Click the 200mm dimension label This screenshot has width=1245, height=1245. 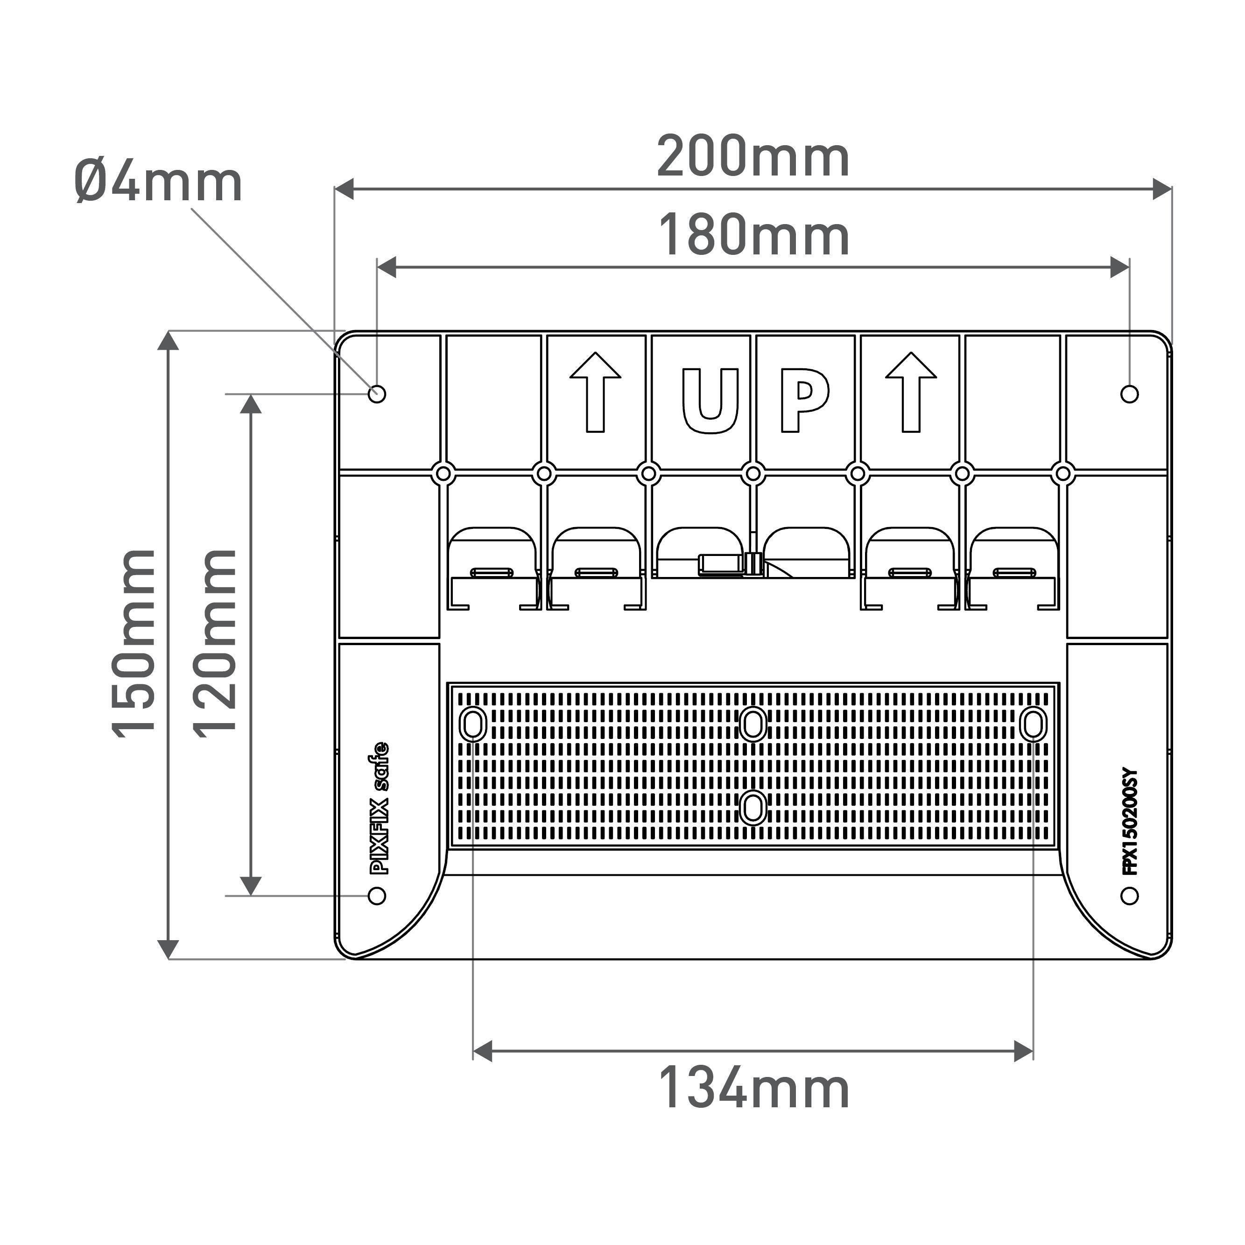753,158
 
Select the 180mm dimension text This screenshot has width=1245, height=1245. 754,236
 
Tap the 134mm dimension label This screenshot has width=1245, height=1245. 754,1089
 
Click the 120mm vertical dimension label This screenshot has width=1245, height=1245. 215,643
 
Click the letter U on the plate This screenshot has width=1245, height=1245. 710,401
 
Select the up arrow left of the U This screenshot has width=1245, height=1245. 596,393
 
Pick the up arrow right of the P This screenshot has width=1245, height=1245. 911,393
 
